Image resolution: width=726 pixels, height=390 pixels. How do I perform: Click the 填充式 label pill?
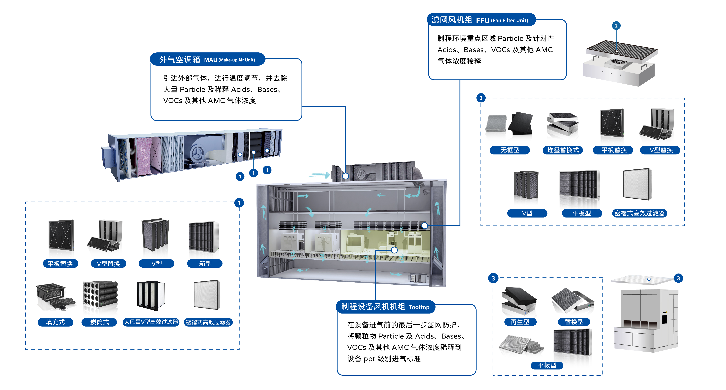point(55,322)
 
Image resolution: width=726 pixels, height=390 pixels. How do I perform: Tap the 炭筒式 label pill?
point(99,322)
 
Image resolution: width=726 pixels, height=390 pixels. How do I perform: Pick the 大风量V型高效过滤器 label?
point(151,322)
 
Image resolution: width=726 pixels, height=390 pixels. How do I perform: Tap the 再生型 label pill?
point(520,322)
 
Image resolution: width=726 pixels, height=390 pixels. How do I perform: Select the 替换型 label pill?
point(574,322)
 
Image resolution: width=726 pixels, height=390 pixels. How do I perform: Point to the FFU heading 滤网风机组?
point(452,20)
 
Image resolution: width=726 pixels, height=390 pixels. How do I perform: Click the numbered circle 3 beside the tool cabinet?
point(678,278)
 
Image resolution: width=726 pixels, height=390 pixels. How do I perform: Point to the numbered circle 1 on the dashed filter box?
point(239,203)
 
